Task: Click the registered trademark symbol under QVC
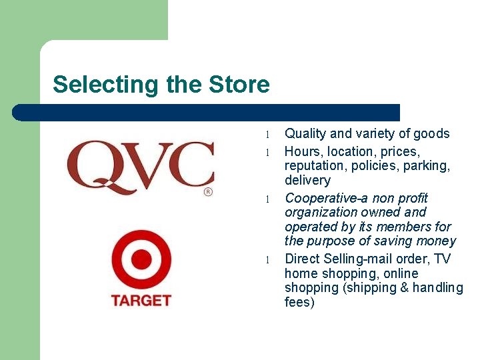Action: coord(207,191)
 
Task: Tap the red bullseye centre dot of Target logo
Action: coord(141,259)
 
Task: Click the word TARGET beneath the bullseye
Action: coord(141,300)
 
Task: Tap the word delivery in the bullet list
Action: coord(307,180)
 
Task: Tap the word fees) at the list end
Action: coord(299,302)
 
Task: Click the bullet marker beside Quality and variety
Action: coord(266,135)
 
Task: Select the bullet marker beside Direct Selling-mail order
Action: coord(266,260)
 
